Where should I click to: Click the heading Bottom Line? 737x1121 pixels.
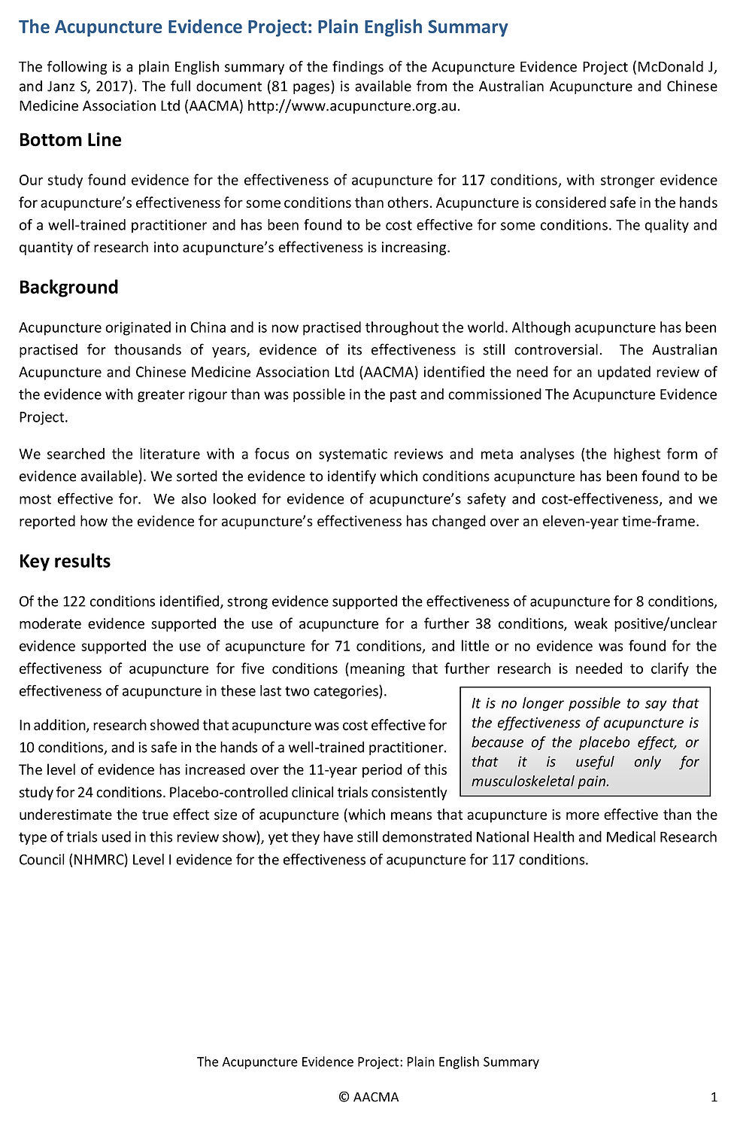click(x=70, y=140)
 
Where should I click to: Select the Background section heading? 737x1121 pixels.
click(x=68, y=288)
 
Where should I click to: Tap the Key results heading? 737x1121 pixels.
click(x=65, y=562)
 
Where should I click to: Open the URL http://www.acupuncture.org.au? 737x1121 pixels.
click(x=353, y=106)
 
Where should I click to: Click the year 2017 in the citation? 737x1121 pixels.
click(x=112, y=87)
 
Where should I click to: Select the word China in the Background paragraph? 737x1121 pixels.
click(x=208, y=327)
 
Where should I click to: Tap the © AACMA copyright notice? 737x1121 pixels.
click(x=368, y=1097)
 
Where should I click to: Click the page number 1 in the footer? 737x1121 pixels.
click(x=714, y=1097)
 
